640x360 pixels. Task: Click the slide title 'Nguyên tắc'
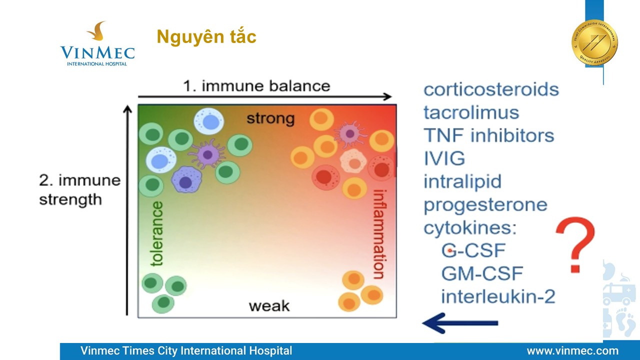pos(206,37)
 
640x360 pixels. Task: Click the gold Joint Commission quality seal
pos(594,42)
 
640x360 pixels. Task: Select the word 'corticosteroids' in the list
pos(491,89)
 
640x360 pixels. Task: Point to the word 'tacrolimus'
pos(471,112)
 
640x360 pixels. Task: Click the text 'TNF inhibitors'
pos(488,135)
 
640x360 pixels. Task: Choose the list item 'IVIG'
pos(444,158)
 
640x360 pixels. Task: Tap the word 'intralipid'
pos(462,181)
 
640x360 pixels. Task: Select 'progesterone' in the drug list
pos(485,204)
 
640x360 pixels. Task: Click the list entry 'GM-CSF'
pos(482,273)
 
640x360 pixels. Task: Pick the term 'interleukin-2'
pos(498,296)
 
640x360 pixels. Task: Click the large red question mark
pos(575,245)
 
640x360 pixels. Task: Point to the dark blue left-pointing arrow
pos(460,323)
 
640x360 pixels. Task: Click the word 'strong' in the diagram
pos(270,119)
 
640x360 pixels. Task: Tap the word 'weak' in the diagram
pos(269,305)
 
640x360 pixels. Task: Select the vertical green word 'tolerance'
pos(157,233)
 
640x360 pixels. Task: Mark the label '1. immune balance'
pos(256,86)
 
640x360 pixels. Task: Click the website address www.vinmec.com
pos(572,351)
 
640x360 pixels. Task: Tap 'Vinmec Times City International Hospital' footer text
pos(186,351)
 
